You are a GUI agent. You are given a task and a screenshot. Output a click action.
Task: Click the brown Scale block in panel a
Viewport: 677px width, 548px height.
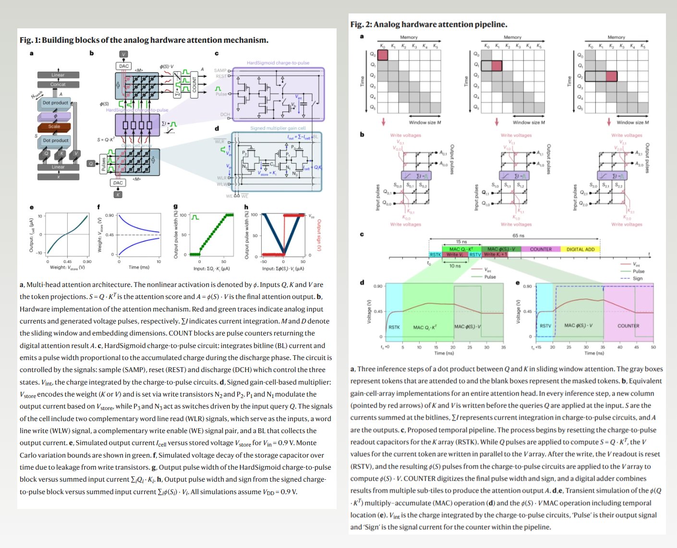(x=54, y=127)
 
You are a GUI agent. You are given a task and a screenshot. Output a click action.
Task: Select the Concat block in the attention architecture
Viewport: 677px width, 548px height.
(x=58, y=85)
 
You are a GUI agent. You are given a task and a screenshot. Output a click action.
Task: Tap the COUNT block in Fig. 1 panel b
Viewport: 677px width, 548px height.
(x=194, y=85)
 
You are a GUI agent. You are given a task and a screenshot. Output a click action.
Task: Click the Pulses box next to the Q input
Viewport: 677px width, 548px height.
(x=104, y=163)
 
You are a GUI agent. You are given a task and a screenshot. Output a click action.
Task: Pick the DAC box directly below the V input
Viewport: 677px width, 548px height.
(x=124, y=66)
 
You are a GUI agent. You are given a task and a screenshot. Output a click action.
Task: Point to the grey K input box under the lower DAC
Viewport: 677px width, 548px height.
(x=118, y=195)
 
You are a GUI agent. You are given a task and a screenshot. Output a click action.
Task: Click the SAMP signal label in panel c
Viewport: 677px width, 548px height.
(x=220, y=70)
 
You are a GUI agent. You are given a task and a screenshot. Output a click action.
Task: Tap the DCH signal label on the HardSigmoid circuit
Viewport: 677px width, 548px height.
(x=225, y=115)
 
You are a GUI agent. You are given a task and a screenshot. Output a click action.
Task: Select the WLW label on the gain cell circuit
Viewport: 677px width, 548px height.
(x=221, y=184)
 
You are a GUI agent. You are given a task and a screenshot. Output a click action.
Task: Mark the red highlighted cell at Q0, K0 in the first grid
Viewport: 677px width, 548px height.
(x=382, y=54)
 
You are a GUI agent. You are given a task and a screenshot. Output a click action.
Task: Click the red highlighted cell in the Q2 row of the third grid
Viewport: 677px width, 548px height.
(x=611, y=75)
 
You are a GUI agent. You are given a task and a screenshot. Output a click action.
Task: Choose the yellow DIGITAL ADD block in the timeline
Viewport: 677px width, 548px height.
(x=580, y=249)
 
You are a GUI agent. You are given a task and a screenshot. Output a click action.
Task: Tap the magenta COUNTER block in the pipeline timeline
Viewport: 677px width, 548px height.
(x=541, y=249)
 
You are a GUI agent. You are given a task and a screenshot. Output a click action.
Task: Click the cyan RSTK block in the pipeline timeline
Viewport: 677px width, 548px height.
(x=435, y=255)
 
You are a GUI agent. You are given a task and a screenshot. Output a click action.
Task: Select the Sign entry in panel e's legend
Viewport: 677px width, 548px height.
(x=637, y=278)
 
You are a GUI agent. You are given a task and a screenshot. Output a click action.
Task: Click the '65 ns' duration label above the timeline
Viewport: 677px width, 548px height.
(x=518, y=236)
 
